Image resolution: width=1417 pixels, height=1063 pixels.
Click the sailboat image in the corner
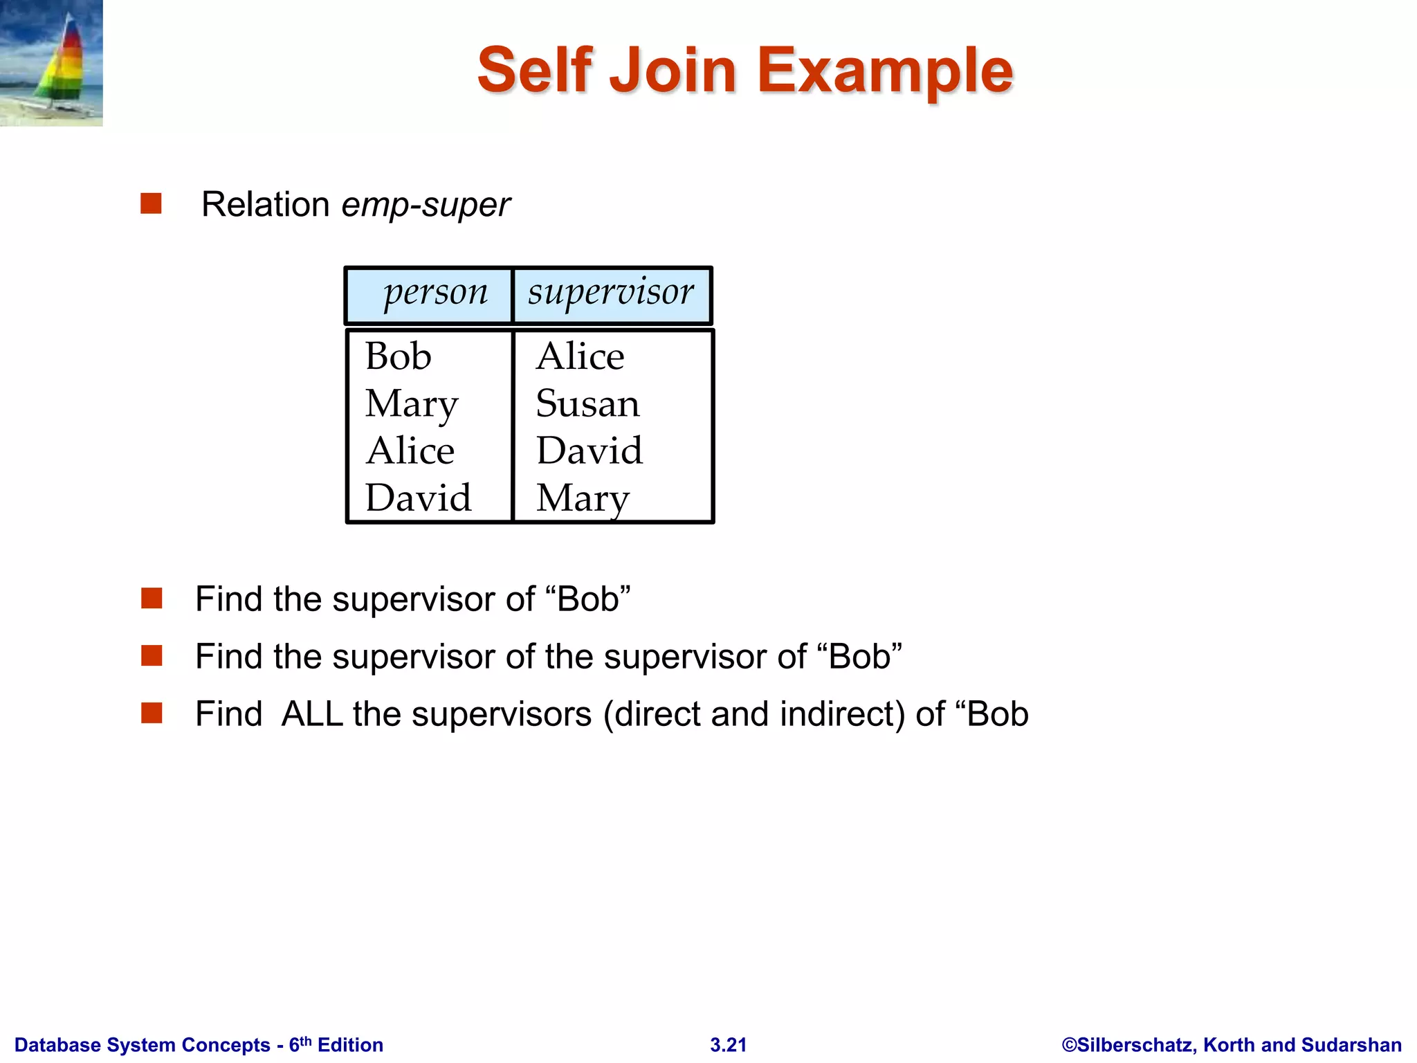coord(51,63)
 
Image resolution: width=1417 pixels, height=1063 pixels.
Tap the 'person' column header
coord(435,293)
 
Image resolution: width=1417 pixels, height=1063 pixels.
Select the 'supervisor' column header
coord(610,293)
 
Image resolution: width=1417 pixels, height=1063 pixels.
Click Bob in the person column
coord(399,357)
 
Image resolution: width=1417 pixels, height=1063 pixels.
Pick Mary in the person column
coord(411,405)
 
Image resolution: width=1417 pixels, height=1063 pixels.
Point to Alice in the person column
coord(410,451)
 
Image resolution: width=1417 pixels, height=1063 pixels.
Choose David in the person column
coord(418,498)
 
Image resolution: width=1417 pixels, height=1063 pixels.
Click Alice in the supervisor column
coord(580,357)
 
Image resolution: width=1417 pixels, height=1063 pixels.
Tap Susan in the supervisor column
coord(587,404)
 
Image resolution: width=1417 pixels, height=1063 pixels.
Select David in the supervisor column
coord(589,451)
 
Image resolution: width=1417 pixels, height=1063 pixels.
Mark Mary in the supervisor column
coord(583,499)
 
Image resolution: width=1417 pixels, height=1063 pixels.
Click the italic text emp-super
coord(426,206)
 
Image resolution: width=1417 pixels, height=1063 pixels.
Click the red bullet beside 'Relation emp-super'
coord(151,203)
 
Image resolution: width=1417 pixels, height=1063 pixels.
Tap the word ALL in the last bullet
coord(312,714)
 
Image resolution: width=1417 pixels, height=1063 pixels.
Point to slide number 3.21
coord(729,1045)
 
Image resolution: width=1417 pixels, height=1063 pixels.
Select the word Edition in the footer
coord(350,1045)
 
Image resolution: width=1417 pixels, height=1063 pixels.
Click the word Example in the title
coord(885,71)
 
